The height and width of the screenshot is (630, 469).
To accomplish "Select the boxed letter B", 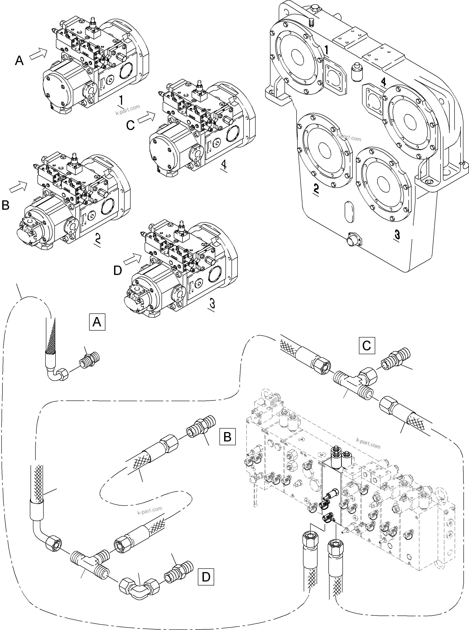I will [x=227, y=437].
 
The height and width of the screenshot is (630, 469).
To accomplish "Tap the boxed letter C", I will [x=367, y=345].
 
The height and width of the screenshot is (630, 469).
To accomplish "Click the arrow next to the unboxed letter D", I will [x=133, y=259].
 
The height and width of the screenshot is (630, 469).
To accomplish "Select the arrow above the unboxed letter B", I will [x=18, y=186].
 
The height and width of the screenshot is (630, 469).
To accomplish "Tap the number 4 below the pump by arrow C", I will [x=224, y=165].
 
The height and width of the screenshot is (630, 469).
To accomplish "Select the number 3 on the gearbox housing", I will [x=397, y=235].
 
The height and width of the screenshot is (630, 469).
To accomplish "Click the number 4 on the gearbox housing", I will [x=383, y=82].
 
